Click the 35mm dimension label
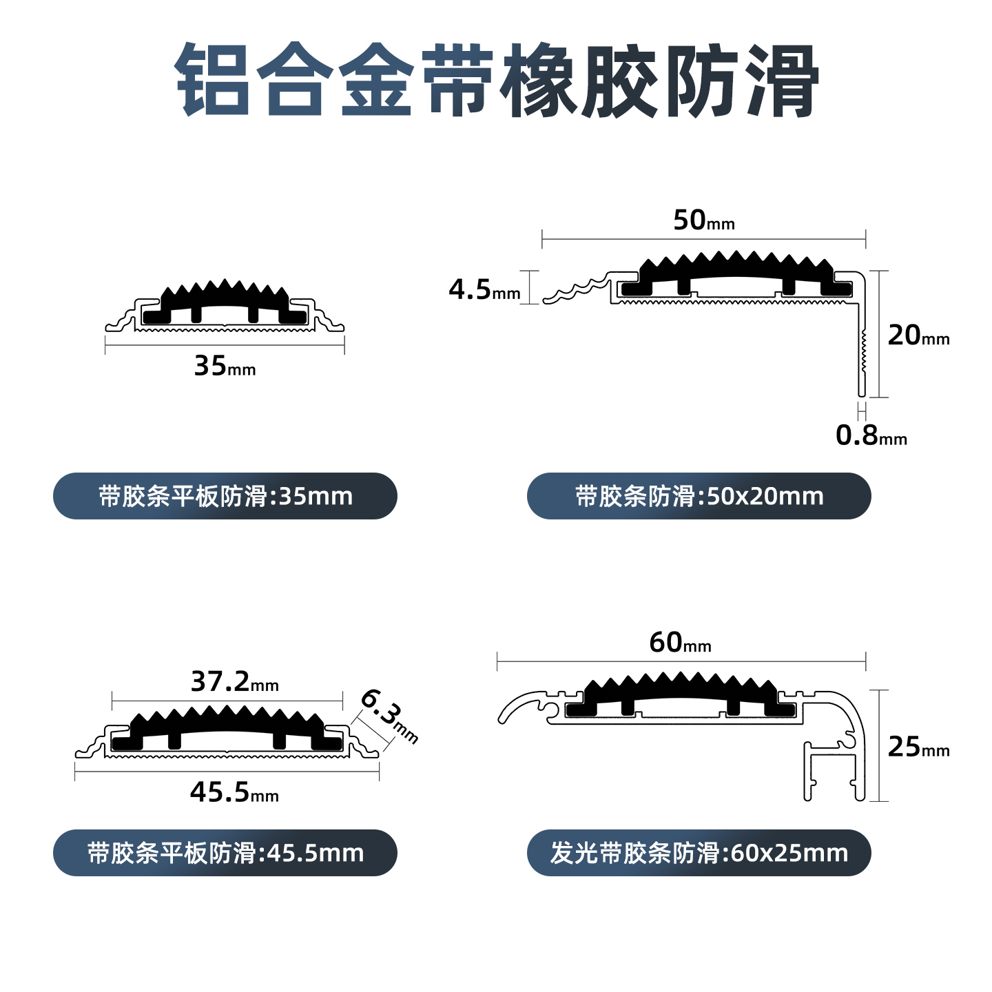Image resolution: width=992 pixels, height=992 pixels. (225, 366)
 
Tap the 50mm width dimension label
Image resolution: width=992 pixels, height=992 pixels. (703, 221)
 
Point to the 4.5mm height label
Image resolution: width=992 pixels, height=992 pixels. (484, 290)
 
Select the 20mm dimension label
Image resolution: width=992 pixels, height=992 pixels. (918, 336)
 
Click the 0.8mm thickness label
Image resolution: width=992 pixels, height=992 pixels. (871, 435)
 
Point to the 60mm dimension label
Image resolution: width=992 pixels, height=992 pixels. (680, 643)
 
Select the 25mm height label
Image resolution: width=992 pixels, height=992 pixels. (918, 747)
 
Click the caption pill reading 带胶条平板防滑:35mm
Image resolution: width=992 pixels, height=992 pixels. (225, 496)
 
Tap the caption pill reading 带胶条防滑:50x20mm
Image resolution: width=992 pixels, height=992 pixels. (699, 496)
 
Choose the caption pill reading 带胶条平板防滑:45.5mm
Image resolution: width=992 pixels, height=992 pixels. (225, 853)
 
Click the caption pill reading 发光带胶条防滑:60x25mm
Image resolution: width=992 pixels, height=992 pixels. (699, 853)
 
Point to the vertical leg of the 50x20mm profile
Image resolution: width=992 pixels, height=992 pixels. (861, 344)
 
